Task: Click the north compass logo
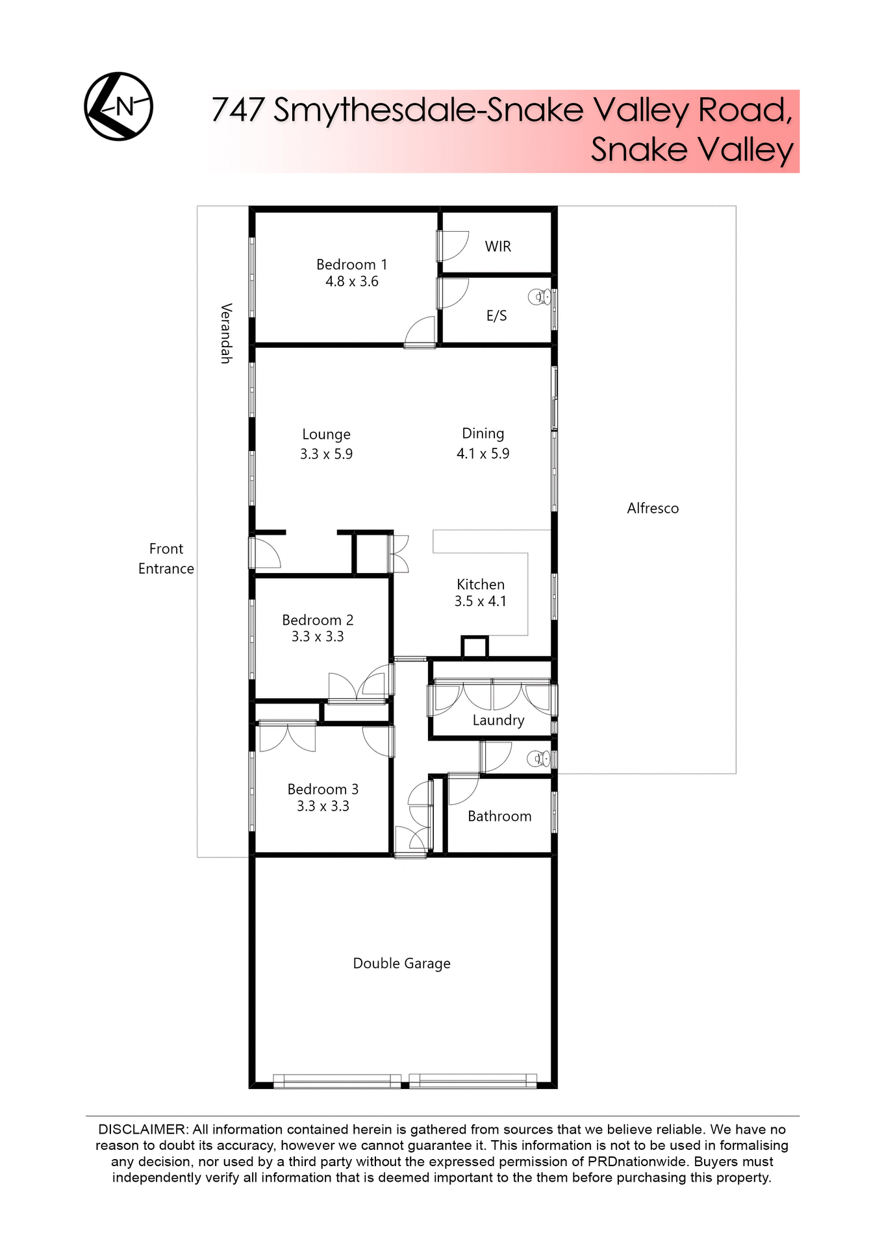click(118, 106)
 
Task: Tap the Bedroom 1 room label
click(351, 265)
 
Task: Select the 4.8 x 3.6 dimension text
click(351, 282)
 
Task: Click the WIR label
click(498, 247)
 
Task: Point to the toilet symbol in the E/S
click(539, 297)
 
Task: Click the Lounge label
click(326, 434)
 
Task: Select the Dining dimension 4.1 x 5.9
click(483, 454)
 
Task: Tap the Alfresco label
click(653, 509)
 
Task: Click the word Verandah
click(226, 333)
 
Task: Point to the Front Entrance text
click(166, 559)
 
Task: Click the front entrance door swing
click(265, 554)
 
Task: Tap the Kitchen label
click(480, 584)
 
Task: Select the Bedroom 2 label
click(318, 620)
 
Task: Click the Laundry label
click(498, 720)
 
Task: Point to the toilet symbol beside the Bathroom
click(538, 758)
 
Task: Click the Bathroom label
click(499, 816)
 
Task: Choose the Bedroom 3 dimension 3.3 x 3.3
click(323, 807)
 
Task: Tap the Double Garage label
click(401, 964)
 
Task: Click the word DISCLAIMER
click(142, 1130)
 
